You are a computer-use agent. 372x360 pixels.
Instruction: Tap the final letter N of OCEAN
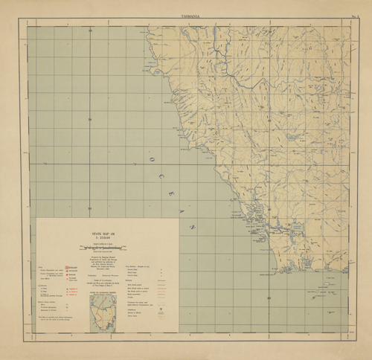(x=190, y=225)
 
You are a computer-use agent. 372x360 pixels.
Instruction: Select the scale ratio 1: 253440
(x=104, y=237)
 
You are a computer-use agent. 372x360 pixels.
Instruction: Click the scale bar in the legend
(x=104, y=246)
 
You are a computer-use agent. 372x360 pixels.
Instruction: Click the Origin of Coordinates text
(x=104, y=281)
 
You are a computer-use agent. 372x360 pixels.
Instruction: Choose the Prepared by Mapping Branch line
(x=104, y=258)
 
